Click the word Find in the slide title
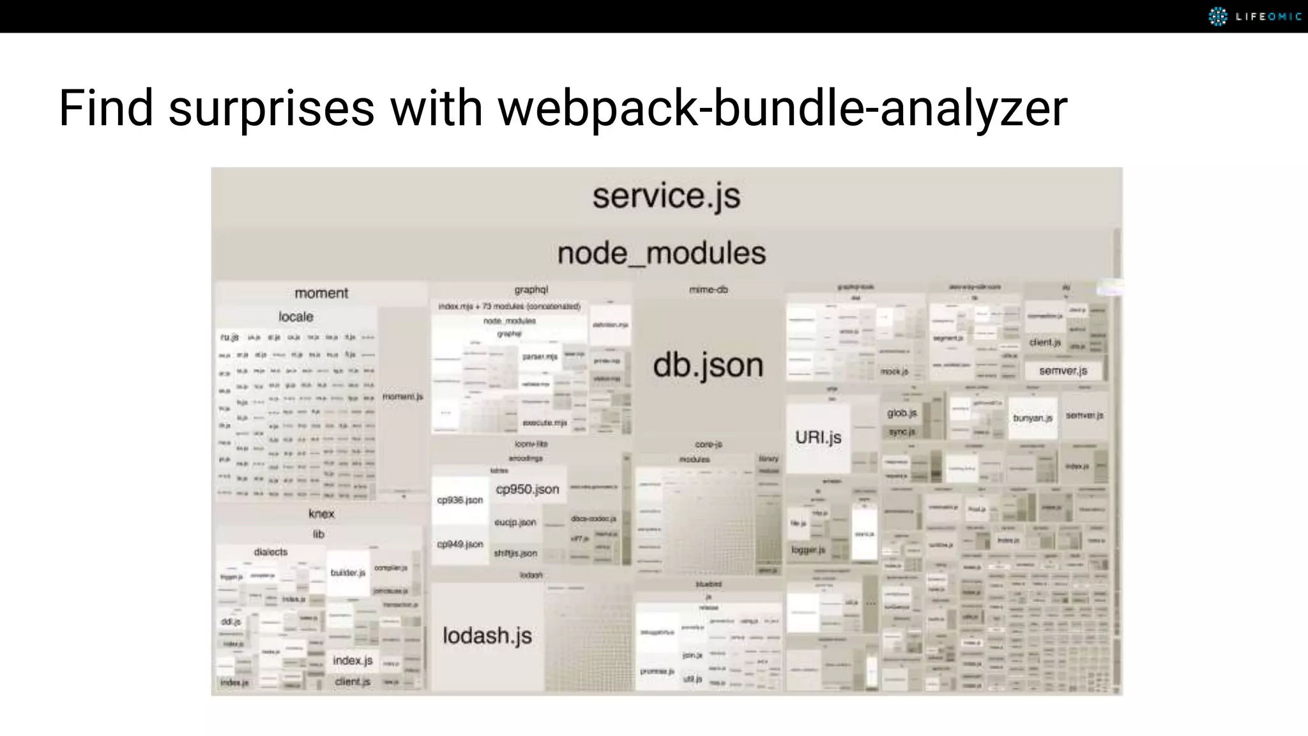[106, 108]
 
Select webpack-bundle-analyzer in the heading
[782, 108]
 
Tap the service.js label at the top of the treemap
[666, 195]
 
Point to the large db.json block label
[708, 365]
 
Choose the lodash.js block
[487, 636]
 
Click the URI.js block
[818, 438]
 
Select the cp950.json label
[528, 489]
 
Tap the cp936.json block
[460, 500]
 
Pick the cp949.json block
[460, 544]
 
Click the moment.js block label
[403, 397]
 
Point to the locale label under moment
[296, 317]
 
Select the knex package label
[321, 514]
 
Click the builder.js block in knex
[348, 572]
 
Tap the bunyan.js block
[1032, 418]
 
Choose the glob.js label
[902, 413]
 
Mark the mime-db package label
[708, 290]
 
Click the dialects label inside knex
[271, 552]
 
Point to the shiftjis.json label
[515, 553]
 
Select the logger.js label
[809, 549]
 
